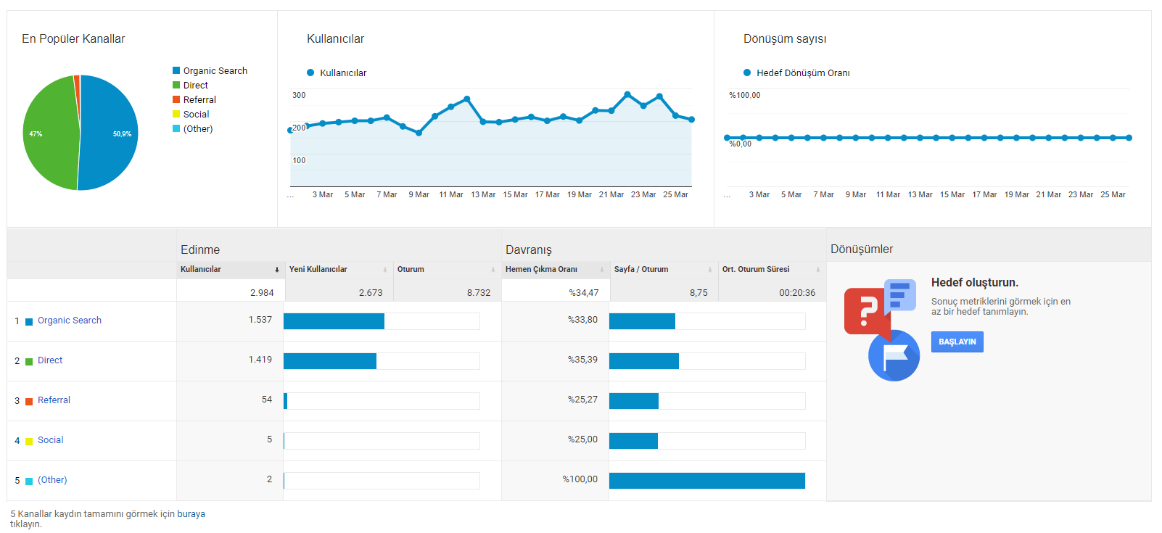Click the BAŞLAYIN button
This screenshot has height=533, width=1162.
tap(957, 342)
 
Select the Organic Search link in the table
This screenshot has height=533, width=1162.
tap(70, 321)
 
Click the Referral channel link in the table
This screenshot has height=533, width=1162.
tap(54, 400)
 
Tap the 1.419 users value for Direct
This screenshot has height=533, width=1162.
tap(260, 359)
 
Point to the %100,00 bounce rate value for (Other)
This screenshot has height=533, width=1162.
tap(580, 479)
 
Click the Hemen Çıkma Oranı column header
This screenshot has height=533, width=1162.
tap(541, 269)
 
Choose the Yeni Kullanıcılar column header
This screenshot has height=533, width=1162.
tap(318, 269)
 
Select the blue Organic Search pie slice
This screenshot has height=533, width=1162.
tap(109, 133)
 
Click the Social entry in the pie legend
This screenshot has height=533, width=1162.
tap(196, 114)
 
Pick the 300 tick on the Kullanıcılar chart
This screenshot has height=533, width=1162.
tap(299, 95)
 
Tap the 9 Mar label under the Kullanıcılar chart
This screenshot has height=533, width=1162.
tap(419, 194)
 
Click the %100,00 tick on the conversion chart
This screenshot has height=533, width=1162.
tap(744, 95)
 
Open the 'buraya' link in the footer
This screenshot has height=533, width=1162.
tap(191, 514)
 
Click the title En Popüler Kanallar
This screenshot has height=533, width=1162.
tap(73, 39)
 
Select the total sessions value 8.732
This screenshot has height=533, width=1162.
tap(478, 292)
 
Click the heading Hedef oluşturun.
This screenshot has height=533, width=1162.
tap(975, 283)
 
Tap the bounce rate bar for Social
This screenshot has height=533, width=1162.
tap(633, 441)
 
